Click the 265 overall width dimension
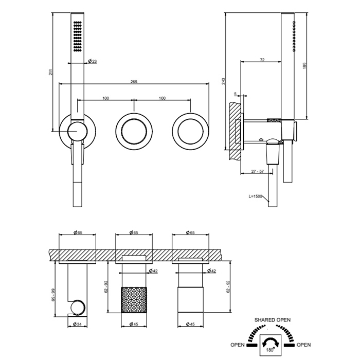tap(134, 81)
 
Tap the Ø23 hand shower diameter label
tap(93, 61)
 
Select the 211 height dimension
tap(51, 72)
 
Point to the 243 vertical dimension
tap(224, 81)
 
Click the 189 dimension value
tap(305, 66)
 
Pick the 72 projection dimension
tap(262, 60)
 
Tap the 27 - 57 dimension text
tap(257, 171)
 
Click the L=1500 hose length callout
tap(255, 196)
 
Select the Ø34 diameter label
tap(77, 324)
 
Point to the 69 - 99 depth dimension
tap(53, 295)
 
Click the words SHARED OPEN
tap(272, 319)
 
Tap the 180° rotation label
tap(270, 350)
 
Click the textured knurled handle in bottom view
tap(134, 300)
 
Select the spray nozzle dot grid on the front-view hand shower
tap(77, 36)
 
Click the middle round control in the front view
tap(134, 131)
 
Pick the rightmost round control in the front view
tap(190, 131)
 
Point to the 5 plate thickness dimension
tap(235, 94)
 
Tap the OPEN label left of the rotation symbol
tap(238, 345)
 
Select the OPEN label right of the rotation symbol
tap(303, 345)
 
